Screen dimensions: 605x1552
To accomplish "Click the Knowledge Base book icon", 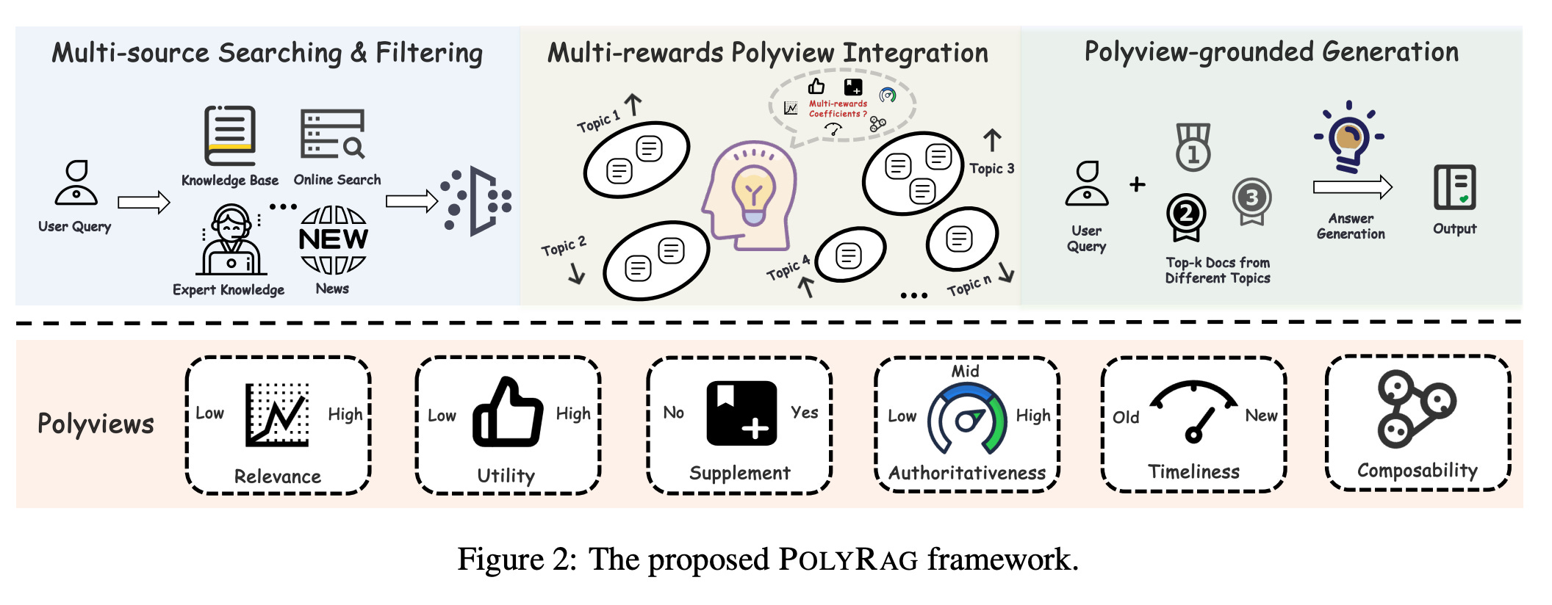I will click(230, 136).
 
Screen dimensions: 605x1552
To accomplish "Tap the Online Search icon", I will click(333, 134).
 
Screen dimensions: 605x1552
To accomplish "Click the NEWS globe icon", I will click(333, 239).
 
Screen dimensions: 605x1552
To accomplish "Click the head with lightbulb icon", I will click(749, 195).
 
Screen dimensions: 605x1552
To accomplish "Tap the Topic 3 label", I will click(991, 168).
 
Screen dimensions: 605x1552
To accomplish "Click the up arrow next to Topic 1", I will click(633, 104).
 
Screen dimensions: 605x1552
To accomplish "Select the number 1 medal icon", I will click(1193, 147).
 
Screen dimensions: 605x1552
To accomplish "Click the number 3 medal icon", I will click(1251, 200).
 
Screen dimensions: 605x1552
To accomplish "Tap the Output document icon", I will click(1454, 187).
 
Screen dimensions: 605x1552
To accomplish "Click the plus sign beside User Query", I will click(1138, 184).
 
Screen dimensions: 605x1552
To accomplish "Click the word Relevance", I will click(278, 477).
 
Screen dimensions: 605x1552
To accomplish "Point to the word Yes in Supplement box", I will click(805, 413).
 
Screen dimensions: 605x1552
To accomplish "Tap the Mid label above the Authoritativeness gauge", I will click(965, 372).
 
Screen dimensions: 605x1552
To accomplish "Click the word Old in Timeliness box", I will click(1126, 417).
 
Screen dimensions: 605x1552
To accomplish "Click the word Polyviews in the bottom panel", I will click(96, 424).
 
